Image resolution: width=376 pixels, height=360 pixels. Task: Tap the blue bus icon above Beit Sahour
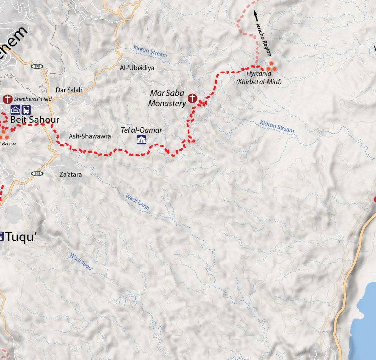pos(25,109)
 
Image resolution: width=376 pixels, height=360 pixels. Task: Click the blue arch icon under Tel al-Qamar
pos(142,141)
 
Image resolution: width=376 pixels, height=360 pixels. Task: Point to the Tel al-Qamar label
pos(141,130)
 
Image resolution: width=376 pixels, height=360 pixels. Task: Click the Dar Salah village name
pos(69,90)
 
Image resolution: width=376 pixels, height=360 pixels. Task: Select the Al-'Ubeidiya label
pos(137,68)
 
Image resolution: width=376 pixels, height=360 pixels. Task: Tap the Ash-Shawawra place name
pos(86,136)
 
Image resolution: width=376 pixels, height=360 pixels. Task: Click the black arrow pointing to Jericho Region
pos(256,19)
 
